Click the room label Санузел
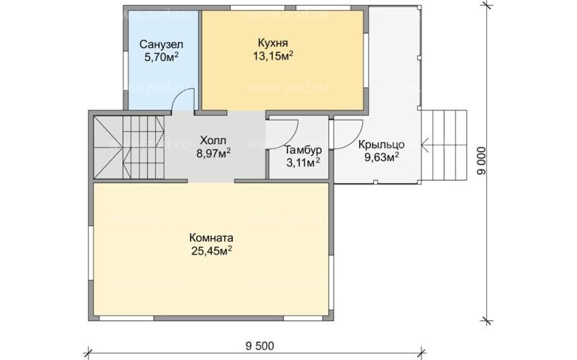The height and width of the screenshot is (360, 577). point(161,45)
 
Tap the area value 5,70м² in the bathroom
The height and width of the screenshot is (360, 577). point(162,57)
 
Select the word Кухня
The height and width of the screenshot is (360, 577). point(273,43)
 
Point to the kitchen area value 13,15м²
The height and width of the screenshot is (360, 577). point(273,56)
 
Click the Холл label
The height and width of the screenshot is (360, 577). point(213,140)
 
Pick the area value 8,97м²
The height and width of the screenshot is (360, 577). point(214,152)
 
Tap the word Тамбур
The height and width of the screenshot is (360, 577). point(303,150)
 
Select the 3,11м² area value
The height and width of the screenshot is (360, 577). point(303,162)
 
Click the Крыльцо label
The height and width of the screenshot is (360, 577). point(382,144)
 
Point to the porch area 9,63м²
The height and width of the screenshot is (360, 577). point(382,157)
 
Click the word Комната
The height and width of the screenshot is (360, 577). point(211,238)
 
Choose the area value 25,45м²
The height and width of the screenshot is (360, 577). point(211,251)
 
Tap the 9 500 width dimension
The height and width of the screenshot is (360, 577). point(259,346)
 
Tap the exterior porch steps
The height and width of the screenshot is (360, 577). point(443,145)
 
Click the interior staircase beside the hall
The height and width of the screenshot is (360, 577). point(128,147)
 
